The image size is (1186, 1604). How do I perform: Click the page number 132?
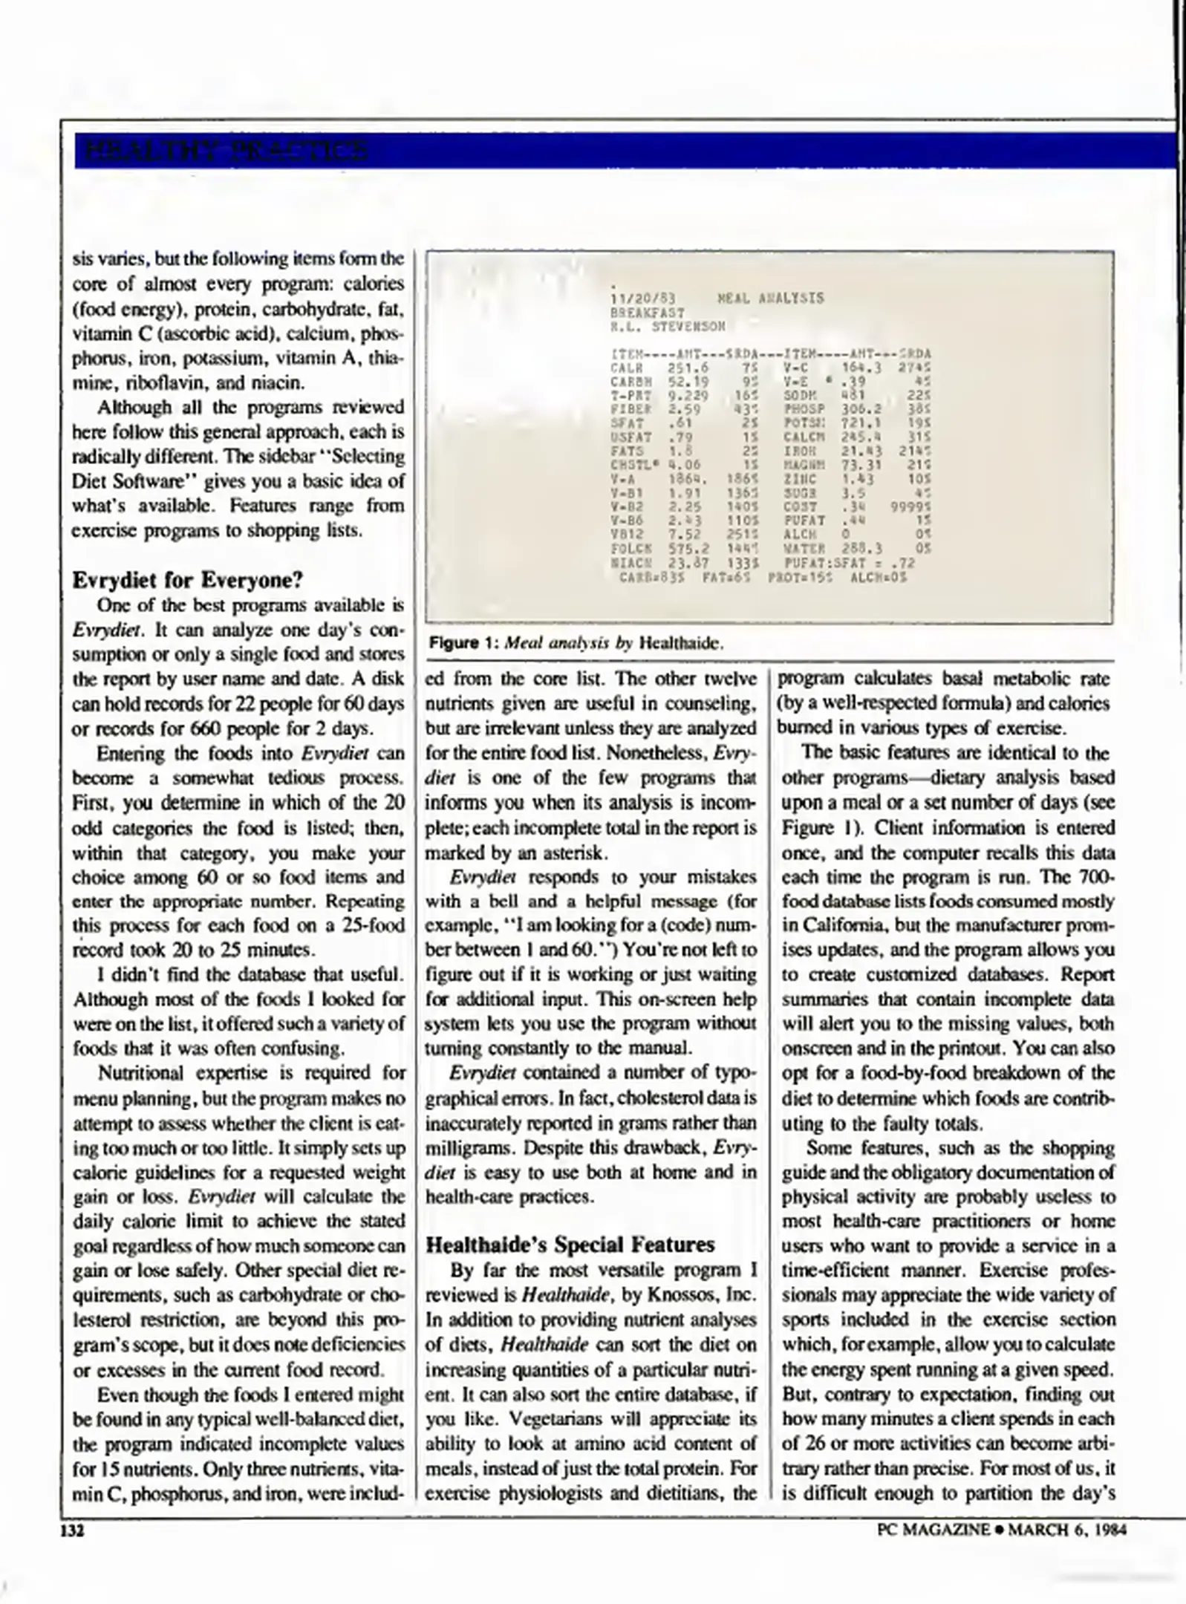pyautogui.click(x=73, y=1530)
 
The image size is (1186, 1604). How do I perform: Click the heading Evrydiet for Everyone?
pyautogui.click(x=188, y=580)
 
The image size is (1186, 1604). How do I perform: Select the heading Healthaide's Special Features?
pyautogui.click(x=570, y=1245)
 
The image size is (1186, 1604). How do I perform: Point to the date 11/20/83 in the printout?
pyautogui.click(x=637, y=299)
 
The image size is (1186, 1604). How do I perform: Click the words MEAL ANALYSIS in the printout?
pyautogui.click(x=770, y=299)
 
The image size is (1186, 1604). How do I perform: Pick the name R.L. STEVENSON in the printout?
pyautogui.click(x=667, y=326)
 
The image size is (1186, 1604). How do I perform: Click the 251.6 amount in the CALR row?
pyautogui.click(x=688, y=368)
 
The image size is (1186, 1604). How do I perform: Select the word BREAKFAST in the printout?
pyautogui.click(x=647, y=313)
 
